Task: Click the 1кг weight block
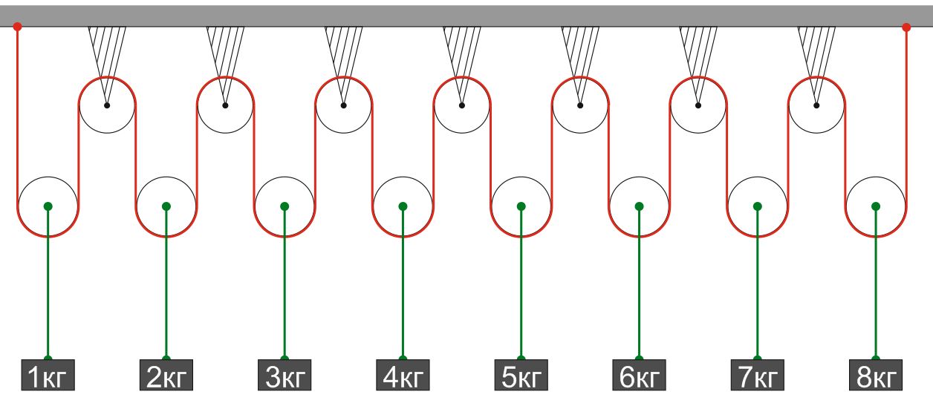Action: (48, 375)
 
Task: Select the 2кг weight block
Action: (166, 375)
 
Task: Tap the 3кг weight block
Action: (285, 375)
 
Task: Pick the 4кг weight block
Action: (403, 375)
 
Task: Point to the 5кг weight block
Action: (521, 375)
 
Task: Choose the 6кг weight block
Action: (639, 375)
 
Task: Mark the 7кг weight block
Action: (757, 375)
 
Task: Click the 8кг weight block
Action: (876, 375)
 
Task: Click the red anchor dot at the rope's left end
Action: (17, 27)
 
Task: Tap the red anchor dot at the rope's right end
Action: (906, 27)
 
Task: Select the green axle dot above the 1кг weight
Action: (48, 206)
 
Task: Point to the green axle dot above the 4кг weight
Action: (403, 206)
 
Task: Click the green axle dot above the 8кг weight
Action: (876, 206)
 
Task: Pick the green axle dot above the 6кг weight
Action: (639, 206)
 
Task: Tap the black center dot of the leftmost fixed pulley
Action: (107, 105)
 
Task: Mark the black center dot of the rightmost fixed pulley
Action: (816, 105)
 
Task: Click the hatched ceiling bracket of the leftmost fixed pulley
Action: (107, 58)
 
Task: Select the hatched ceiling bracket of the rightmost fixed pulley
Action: (816, 58)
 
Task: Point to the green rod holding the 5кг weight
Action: (521, 283)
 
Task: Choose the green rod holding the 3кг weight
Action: (285, 283)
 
